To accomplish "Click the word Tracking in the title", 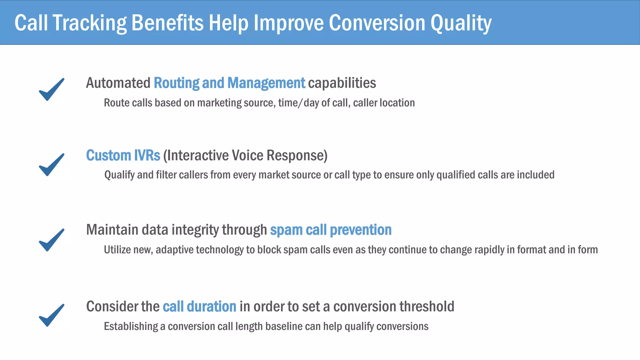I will pyautogui.click(x=89, y=23).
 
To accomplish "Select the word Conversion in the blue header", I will pyautogui.click(x=377, y=23).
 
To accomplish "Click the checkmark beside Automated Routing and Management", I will pyautogui.click(x=52, y=89).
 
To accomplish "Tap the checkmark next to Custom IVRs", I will pyautogui.click(x=52, y=165).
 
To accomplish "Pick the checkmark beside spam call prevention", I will pyautogui.click(x=52, y=240).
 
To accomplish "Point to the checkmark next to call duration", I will pyautogui.click(x=52, y=315).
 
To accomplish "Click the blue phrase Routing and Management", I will pyautogui.click(x=229, y=83).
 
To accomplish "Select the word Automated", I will pyautogui.click(x=118, y=83).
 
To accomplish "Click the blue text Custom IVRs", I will pyautogui.click(x=123, y=155).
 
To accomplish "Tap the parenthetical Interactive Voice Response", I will pyautogui.click(x=245, y=155).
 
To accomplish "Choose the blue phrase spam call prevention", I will pyautogui.click(x=331, y=230).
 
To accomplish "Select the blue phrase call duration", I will pyautogui.click(x=199, y=307).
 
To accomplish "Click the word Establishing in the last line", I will pyautogui.click(x=131, y=326).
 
